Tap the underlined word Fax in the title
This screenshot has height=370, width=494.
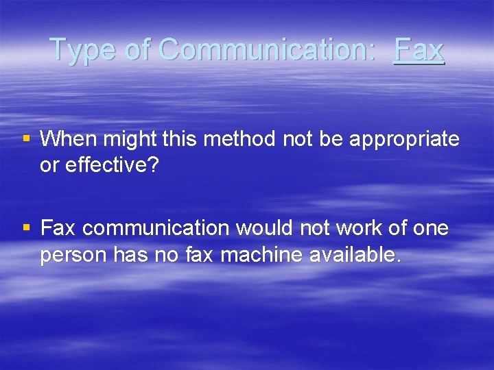coord(419,50)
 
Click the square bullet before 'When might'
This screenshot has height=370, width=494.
coord(27,139)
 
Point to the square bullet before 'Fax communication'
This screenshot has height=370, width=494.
coord(27,227)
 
